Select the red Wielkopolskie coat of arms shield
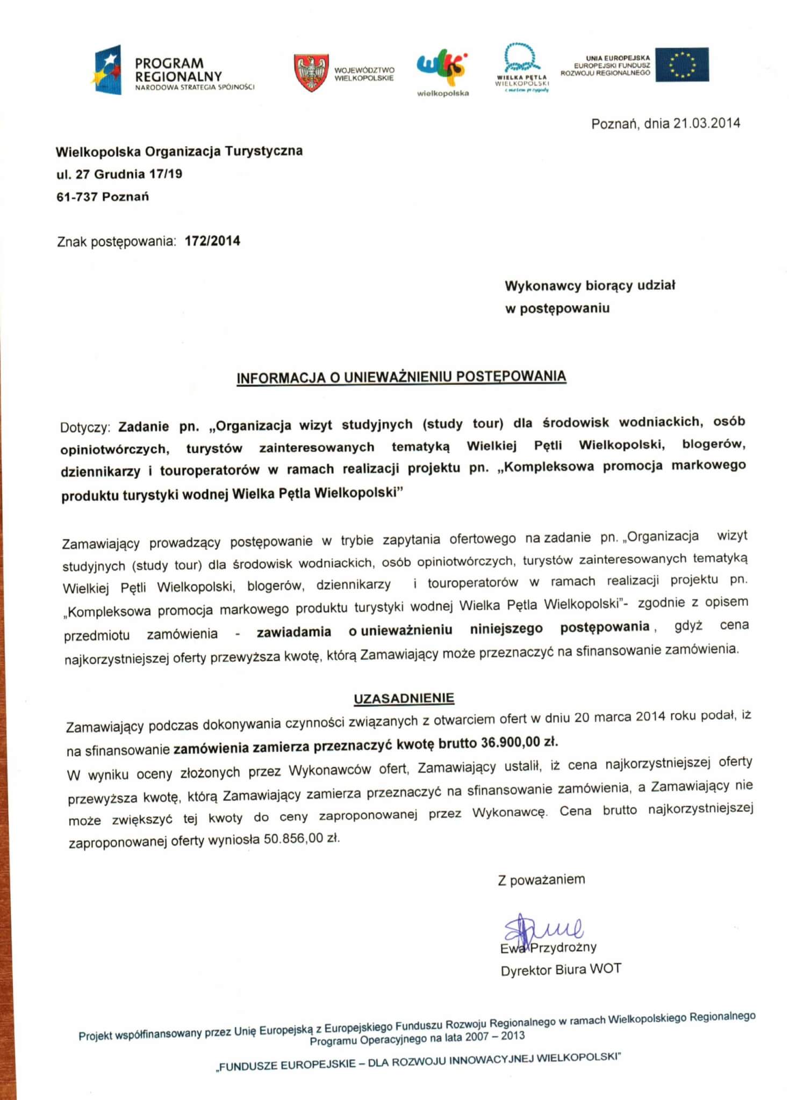point(311,72)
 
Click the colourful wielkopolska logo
point(442,69)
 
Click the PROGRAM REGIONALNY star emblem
point(108,70)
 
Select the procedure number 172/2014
point(212,241)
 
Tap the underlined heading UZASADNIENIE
point(404,698)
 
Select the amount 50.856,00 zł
point(302,838)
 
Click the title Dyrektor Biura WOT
point(561,969)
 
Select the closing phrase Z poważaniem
point(541,880)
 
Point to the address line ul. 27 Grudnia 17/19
point(119,174)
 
